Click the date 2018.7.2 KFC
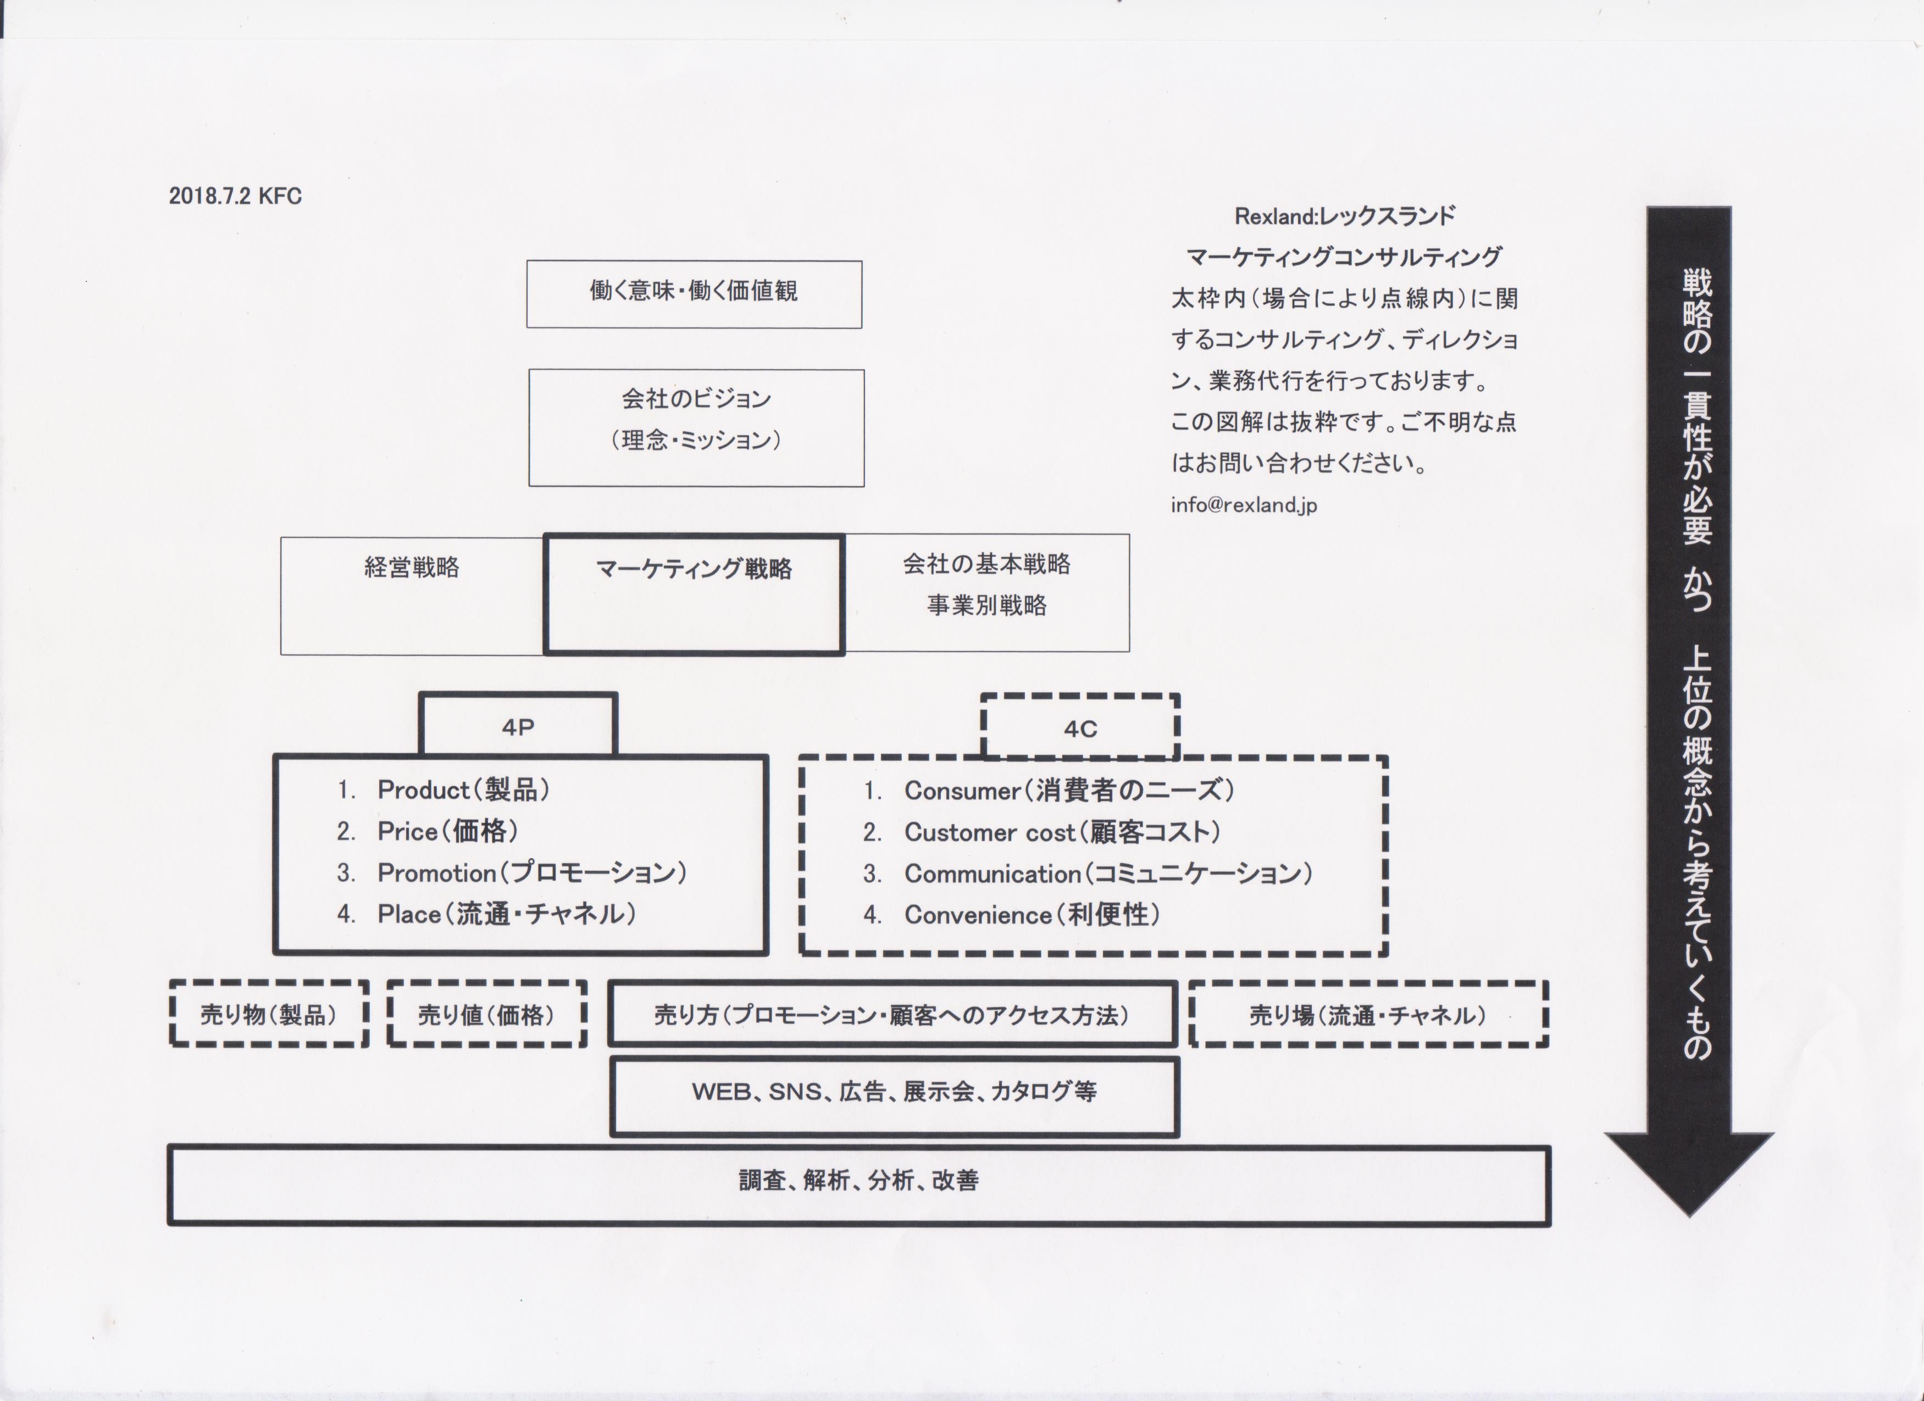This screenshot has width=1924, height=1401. point(235,196)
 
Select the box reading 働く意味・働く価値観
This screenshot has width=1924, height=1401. point(694,293)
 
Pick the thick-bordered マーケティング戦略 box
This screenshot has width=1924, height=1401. point(694,594)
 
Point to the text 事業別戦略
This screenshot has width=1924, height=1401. point(986,605)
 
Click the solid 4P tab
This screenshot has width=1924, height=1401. point(518,726)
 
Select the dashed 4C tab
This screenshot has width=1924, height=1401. point(1080,727)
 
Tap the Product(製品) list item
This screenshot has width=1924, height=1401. point(463,790)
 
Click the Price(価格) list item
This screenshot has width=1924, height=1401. point(447,831)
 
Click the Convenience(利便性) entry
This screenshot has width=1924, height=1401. point(1032,914)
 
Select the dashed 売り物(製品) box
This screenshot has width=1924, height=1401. point(269,1014)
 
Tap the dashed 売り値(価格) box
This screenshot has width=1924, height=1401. point(487,1014)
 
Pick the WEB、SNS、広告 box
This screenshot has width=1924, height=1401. point(894,1095)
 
